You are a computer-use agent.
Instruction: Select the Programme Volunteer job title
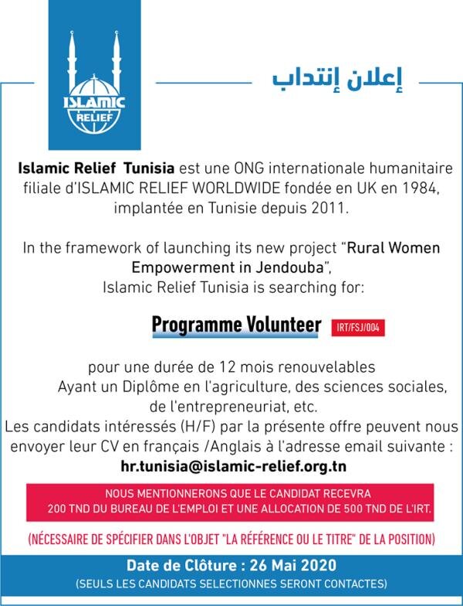tap(236, 325)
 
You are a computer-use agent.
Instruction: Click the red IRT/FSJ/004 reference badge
tap(357, 328)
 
